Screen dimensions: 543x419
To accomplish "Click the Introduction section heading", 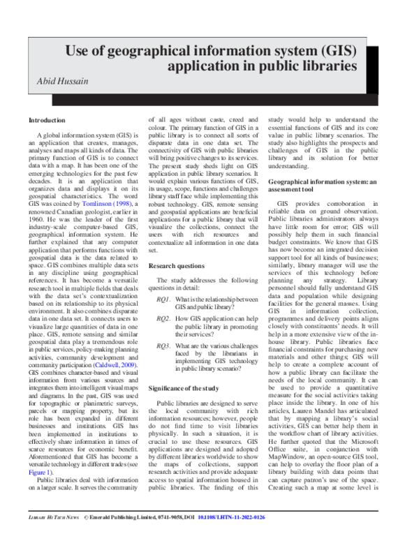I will (47, 120).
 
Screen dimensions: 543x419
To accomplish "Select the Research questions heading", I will (178, 267).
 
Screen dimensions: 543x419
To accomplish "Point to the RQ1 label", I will (163, 298).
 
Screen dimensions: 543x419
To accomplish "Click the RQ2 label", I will (163, 318).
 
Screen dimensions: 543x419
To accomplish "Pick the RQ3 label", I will (163, 345).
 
